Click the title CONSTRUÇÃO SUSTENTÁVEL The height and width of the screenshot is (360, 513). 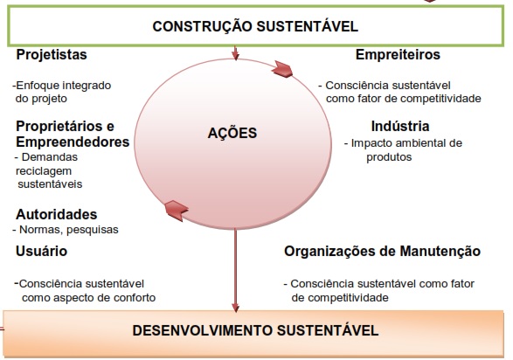click(x=255, y=26)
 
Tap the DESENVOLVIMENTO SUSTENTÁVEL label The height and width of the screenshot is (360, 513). click(x=255, y=330)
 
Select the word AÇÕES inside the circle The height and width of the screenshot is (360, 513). click(x=232, y=133)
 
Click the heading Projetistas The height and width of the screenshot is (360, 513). click(x=52, y=54)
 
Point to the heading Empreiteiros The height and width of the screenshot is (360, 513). click(x=398, y=54)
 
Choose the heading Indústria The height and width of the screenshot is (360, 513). click(x=400, y=126)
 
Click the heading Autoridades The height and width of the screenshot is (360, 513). click(x=56, y=214)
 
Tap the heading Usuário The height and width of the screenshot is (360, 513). click(x=42, y=251)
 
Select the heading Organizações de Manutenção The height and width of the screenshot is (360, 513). click(x=382, y=251)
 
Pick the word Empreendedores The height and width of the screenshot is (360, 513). click(x=73, y=142)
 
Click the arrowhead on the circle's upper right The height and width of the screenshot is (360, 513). click(x=282, y=69)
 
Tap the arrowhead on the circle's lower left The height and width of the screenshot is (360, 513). click(x=176, y=210)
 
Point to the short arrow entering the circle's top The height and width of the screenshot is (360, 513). click(x=235, y=52)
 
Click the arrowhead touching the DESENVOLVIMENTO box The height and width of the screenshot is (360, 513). click(x=235, y=307)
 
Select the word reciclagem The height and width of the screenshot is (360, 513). click(x=44, y=170)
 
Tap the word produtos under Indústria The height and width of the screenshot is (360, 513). click(x=389, y=157)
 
